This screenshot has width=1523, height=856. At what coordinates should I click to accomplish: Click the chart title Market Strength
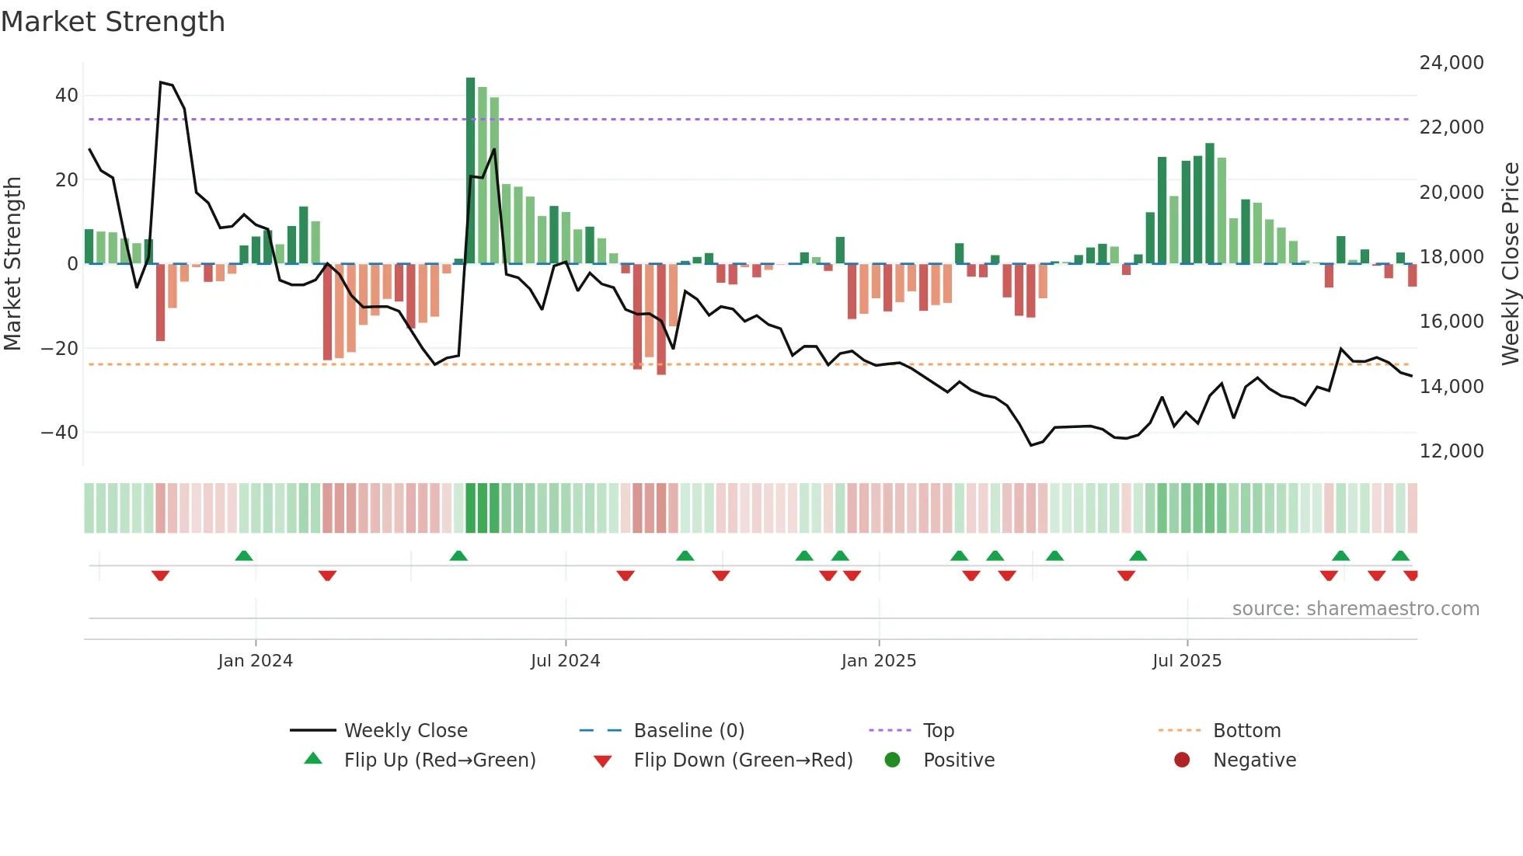[x=113, y=22]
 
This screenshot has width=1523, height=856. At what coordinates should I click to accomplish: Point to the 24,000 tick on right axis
[x=1451, y=63]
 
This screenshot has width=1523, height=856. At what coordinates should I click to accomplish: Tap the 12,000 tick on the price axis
[x=1451, y=451]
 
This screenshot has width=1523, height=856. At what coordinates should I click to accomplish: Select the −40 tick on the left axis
[x=60, y=433]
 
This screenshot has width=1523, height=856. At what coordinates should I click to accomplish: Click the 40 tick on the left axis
[x=67, y=96]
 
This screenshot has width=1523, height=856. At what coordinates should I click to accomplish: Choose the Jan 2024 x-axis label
[x=255, y=661]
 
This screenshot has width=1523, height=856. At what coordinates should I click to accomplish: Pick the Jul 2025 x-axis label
[x=1187, y=661]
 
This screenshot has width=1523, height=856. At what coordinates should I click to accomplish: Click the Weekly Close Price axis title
[x=1510, y=264]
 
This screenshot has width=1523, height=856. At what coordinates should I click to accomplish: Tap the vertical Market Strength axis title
[x=13, y=264]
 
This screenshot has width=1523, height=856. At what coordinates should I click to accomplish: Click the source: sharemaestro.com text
[x=1355, y=609]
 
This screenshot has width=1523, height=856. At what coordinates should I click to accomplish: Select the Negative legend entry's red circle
[x=1182, y=760]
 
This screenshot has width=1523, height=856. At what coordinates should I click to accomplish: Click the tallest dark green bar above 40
[x=470, y=171]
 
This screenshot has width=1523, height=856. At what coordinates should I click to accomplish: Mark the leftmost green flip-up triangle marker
[x=244, y=555]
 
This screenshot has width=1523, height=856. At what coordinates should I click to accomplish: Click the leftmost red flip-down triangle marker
[x=161, y=576]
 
